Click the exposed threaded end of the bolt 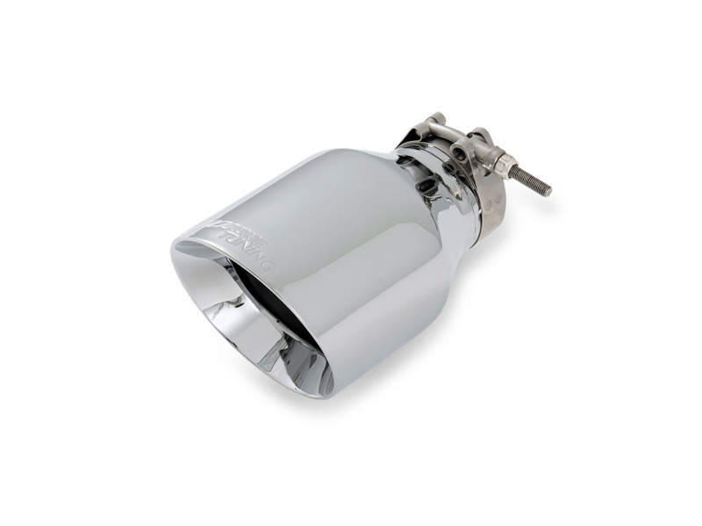click(531, 181)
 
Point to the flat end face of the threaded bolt click(548, 189)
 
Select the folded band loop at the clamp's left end click(412, 136)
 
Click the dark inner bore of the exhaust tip click(263, 307)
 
